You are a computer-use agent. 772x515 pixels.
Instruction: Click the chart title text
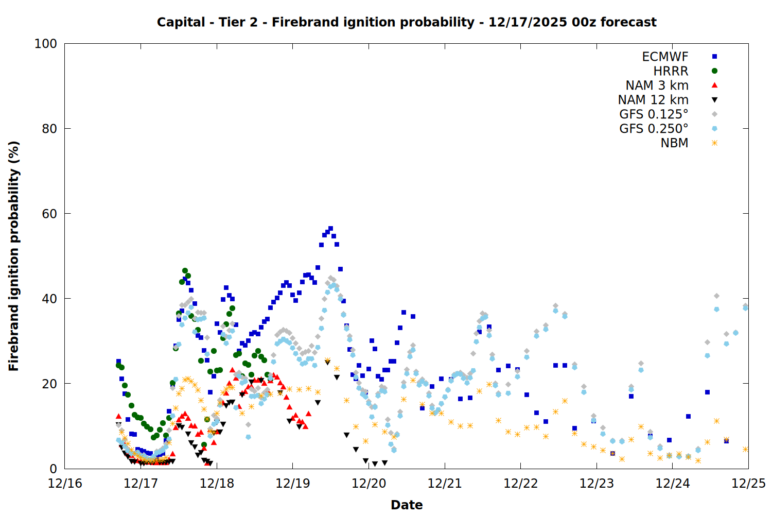coord(407,22)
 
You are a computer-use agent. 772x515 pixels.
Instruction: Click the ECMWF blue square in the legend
coord(714,57)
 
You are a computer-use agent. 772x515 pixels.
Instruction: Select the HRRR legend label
coord(671,71)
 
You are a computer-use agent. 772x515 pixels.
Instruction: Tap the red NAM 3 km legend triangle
coord(714,85)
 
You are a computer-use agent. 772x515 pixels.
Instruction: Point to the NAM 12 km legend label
coord(653,100)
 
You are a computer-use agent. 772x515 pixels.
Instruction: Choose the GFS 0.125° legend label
coord(654,114)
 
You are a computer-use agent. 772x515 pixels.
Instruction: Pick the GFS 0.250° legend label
coord(654,129)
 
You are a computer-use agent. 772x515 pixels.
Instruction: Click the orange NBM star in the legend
coord(714,143)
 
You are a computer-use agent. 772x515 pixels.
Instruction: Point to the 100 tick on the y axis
coord(46,44)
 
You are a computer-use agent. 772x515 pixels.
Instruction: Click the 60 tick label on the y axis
coord(49,214)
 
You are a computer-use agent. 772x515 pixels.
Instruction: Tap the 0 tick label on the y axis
coord(53,469)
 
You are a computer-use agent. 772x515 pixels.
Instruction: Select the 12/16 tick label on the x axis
coord(65,484)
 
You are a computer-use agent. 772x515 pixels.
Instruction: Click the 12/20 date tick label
coord(369,484)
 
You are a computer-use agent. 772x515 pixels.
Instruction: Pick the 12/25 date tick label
coord(748,484)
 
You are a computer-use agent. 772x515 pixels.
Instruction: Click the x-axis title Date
coord(407,505)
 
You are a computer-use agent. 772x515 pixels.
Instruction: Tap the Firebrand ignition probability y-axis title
coord(14,256)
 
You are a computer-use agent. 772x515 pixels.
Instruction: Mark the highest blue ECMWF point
coord(330,228)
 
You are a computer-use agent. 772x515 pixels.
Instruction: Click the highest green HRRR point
coord(185,270)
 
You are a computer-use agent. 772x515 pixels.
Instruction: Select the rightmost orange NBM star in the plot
coord(745,449)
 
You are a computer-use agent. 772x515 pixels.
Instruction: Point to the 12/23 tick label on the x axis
coord(596,484)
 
